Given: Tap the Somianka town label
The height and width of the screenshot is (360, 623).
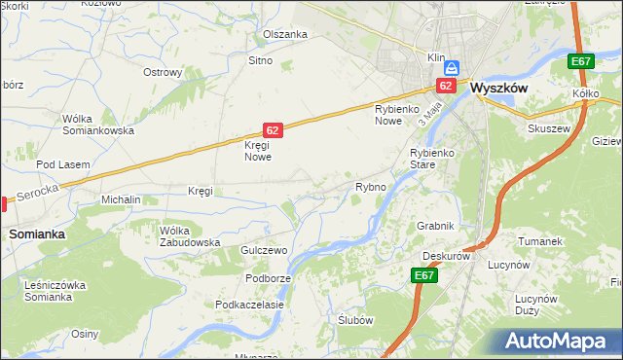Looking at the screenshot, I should coord(37,234).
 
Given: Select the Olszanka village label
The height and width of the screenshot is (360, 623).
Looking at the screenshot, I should coord(285,34).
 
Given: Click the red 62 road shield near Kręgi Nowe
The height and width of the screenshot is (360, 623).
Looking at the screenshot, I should coord(274,129).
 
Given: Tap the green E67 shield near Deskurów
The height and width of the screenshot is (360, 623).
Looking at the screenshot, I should coord(423,276).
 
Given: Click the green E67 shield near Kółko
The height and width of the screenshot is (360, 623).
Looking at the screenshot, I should coord(581,62).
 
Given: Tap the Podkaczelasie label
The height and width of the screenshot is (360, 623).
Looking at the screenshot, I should coord(250,305).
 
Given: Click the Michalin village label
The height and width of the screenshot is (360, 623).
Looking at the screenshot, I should coord(122,199).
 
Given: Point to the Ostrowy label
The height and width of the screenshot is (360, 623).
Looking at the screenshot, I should coord(163,72).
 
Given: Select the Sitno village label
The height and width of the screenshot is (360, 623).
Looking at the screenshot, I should coord(260,60).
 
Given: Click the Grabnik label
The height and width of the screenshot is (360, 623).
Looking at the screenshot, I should coord(435,226).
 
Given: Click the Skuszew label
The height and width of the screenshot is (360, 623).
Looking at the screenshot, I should coord(546,127).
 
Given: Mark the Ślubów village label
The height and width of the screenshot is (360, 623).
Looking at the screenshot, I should coord(355,320).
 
